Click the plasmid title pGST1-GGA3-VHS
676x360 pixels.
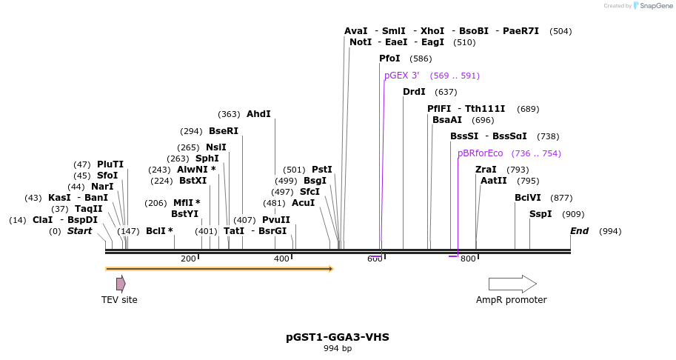338,337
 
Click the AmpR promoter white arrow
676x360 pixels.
512,284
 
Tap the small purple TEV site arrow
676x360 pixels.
121,284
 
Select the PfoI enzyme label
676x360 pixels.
389,59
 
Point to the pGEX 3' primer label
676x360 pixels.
401,76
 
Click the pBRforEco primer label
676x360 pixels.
480,153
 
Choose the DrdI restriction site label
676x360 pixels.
414,92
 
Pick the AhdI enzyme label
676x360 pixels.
258,114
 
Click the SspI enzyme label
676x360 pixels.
541,214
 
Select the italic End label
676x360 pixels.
579,231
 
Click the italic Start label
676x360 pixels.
79,231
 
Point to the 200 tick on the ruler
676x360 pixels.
188,259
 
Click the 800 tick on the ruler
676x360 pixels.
468,259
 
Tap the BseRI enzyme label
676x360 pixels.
224,131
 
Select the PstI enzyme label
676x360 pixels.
322,170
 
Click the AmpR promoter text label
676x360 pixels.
511,300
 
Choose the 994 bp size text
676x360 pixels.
338,349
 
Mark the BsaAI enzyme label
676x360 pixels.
447,120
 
